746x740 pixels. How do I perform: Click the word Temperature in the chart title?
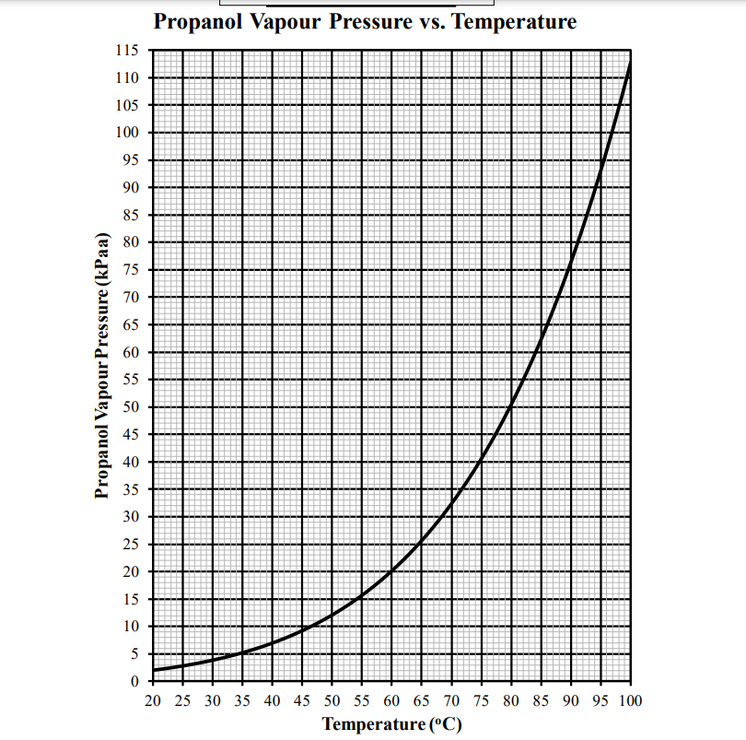pos(515,22)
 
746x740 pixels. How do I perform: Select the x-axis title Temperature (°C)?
pos(391,723)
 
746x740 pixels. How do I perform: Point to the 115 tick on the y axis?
pos(127,51)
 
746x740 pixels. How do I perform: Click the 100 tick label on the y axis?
pos(127,133)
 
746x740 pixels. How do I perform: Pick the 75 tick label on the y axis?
pos(131,270)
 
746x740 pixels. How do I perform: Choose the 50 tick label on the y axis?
pos(131,407)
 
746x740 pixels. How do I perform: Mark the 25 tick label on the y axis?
pos(131,545)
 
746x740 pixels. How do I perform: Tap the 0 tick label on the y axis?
pos(134,682)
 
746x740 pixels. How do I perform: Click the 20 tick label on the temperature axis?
pos(153,701)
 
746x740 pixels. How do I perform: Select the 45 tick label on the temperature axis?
pos(302,701)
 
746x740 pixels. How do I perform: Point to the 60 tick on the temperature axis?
pos(391,701)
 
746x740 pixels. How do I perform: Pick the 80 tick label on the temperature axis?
pos(511,701)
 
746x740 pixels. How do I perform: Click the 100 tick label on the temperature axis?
pos(631,701)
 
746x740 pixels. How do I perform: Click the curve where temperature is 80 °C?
pos(511,405)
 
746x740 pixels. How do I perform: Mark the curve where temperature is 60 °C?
pos(391,571)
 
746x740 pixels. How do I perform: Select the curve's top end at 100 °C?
pos(631,63)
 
